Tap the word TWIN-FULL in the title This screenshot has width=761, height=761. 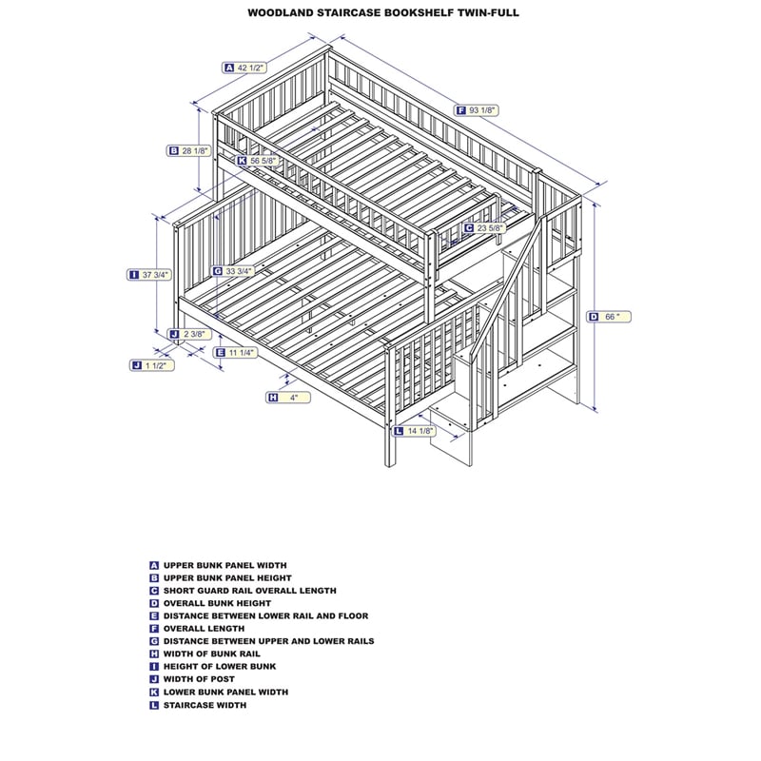coord(486,14)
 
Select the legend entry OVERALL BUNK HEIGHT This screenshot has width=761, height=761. coord(217,603)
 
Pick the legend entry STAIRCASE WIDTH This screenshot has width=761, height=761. coord(205,705)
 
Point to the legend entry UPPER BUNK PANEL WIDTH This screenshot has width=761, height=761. coord(224,565)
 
